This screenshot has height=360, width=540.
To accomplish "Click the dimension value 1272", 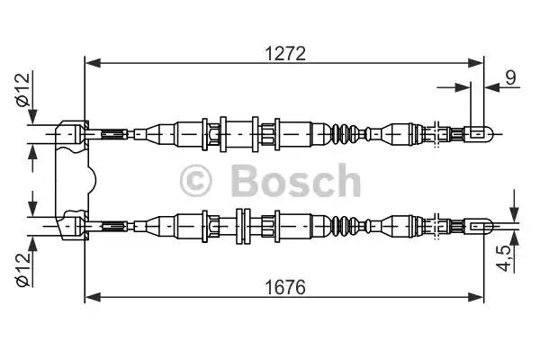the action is point(285,54).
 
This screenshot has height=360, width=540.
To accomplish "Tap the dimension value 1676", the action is point(285,287).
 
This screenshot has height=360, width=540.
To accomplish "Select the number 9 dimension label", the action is point(510,77).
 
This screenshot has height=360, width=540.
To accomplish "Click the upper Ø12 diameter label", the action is point(23,90).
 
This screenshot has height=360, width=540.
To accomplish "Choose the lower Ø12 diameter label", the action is point(23,269).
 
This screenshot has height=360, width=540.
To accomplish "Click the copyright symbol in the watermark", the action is point(195,181).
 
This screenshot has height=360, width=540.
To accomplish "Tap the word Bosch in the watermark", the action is point(296,180).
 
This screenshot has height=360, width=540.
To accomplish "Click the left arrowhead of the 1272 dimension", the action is point(93,63).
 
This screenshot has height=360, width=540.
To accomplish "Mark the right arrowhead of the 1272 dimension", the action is point(476,63).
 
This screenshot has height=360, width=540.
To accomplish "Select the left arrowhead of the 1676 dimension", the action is point(93,297).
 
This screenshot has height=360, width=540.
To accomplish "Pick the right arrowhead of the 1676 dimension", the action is point(476,297).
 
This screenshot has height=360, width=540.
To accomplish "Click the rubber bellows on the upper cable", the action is point(345,133).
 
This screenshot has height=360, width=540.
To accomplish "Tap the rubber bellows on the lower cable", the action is point(345,226).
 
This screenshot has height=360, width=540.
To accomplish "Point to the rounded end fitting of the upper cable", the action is point(479,133).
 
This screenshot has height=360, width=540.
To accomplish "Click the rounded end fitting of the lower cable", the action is point(479,226).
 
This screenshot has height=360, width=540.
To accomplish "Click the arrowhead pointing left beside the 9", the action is point(492,87).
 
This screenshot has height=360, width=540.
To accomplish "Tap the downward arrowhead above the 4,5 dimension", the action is point(514,213).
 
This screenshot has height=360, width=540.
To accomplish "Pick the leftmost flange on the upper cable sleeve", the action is point(204,134).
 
